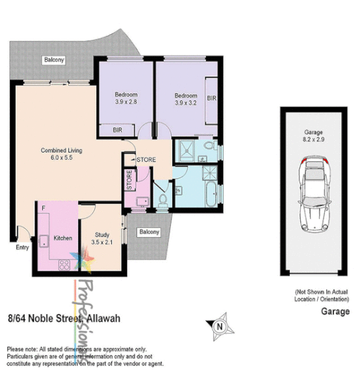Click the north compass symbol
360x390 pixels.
pyautogui.click(x=219, y=326)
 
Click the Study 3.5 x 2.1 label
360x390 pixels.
pyautogui.click(x=103, y=239)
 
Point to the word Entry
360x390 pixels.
pyautogui.click(x=22, y=248)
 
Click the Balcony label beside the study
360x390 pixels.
pyautogui.click(x=148, y=232)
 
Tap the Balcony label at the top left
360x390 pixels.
pyautogui.click(x=54, y=61)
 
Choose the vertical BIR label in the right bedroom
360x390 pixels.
pyautogui.click(x=211, y=99)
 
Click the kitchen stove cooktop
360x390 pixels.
pyautogui.click(x=65, y=265)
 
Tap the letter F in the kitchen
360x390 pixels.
pyautogui.click(x=43, y=208)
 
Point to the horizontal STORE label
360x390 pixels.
pyautogui.click(x=146, y=160)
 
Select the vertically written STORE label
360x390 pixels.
pyautogui.click(x=129, y=180)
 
